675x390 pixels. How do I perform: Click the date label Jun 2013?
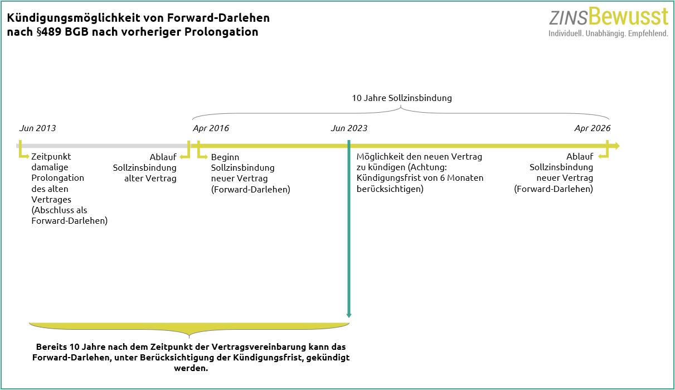(x=38, y=128)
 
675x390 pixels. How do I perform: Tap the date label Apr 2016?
(x=211, y=128)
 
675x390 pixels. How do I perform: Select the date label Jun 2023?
(x=349, y=128)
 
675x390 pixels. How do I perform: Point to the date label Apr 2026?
(x=593, y=128)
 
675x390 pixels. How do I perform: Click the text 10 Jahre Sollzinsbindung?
(x=402, y=98)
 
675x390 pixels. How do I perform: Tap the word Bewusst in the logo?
(x=628, y=17)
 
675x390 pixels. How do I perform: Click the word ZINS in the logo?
(x=569, y=18)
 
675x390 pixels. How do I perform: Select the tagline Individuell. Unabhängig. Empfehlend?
(x=609, y=33)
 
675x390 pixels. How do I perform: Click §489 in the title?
(x=50, y=32)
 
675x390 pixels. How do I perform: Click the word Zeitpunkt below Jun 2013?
(x=51, y=157)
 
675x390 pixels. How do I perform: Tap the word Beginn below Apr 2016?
(x=225, y=157)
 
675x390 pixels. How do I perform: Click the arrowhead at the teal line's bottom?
(x=349, y=315)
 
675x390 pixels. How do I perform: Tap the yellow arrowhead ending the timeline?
(x=616, y=146)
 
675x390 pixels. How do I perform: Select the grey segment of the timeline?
(x=103, y=146)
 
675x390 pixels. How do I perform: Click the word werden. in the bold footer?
(x=191, y=368)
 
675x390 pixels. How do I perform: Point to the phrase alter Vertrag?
(x=150, y=178)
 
